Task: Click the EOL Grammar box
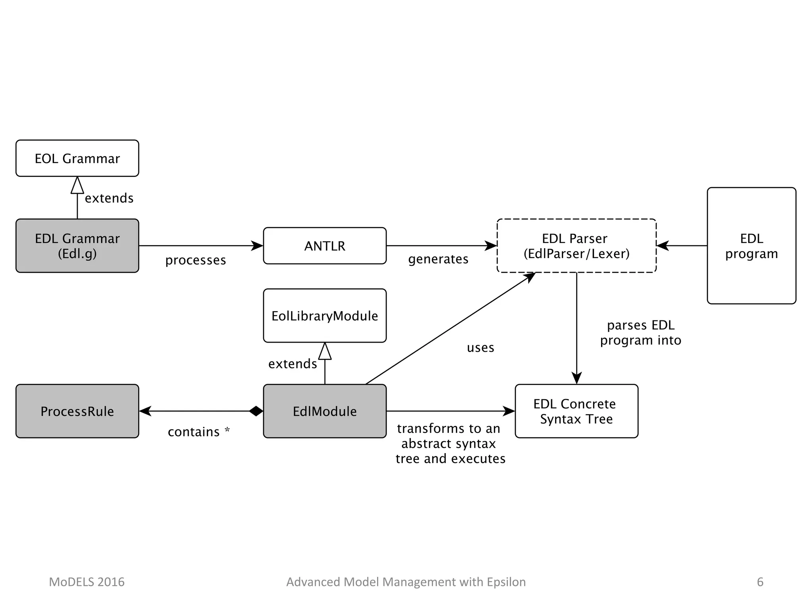pyautogui.click(x=77, y=158)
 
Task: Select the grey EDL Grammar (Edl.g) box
pyautogui.click(x=77, y=246)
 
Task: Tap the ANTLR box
pyautogui.click(x=325, y=246)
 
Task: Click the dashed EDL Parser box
pyautogui.click(x=576, y=246)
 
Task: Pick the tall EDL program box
pyautogui.click(x=751, y=246)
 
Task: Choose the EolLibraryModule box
pyautogui.click(x=325, y=316)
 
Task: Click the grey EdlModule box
pyautogui.click(x=325, y=411)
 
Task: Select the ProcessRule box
pyautogui.click(x=77, y=411)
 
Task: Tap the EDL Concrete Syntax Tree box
pyautogui.click(x=576, y=411)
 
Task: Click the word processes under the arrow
pyautogui.click(x=195, y=260)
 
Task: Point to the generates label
pyautogui.click(x=438, y=259)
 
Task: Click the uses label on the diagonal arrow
pyautogui.click(x=481, y=348)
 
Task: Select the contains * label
pyautogui.click(x=199, y=432)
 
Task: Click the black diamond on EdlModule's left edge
pyautogui.click(x=256, y=411)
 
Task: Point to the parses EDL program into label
pyautogui.click(x=640, y=333)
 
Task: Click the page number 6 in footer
pyautogui.click(x=760, y=582)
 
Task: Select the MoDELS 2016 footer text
pyautogui.click(x=86, y=582)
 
